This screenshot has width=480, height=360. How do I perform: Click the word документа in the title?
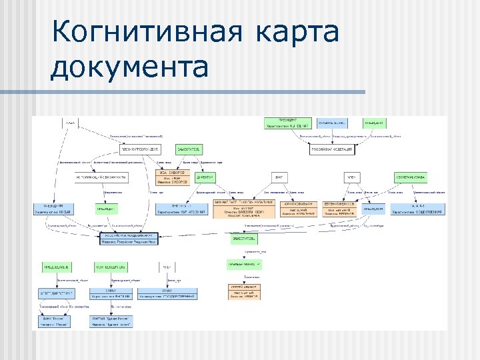pos(130,67)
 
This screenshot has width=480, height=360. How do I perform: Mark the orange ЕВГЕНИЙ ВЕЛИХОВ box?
pos(340,209)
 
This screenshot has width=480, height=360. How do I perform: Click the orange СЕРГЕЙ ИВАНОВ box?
pos(243,293)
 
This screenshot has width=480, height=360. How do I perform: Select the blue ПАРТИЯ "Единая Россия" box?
pos(111,322)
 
